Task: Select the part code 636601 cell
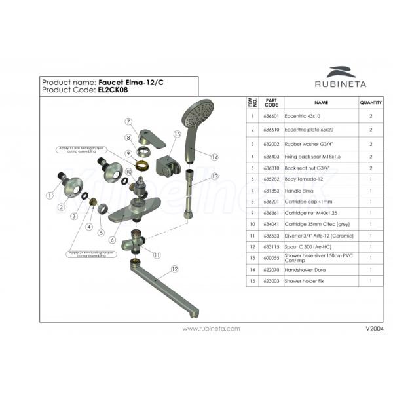pyautogui.click(x=271, y=117)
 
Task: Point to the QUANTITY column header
pyautogui.click(x=371, y=103)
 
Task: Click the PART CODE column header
pyautogui.click(x=271, y=103)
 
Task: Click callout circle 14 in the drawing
pyautogui.click(x=214, y=157)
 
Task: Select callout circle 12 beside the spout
pyautogui.click(x=174, y=269)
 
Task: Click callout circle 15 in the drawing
pyautogui.click(x=177, y=134)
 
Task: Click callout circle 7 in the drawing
pyautogui.click(x=129, y=121)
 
